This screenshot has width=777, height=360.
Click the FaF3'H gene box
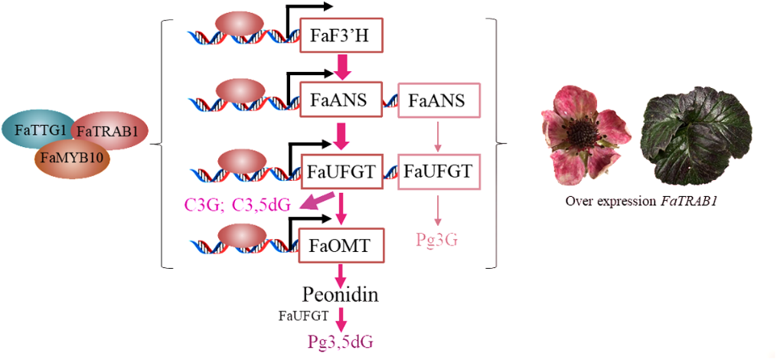(341, 35)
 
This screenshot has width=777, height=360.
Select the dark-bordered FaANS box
(341, 100)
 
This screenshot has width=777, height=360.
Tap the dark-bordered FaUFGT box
(341, 170)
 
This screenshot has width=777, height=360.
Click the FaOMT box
(341, 247)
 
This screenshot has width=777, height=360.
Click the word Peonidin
(341, 295)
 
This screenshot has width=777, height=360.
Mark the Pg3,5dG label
(341, 342)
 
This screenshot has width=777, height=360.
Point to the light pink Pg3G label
(437, 239)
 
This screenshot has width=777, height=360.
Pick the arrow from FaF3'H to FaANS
(342, 67)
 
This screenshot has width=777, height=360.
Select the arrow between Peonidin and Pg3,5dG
(341, 318)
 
